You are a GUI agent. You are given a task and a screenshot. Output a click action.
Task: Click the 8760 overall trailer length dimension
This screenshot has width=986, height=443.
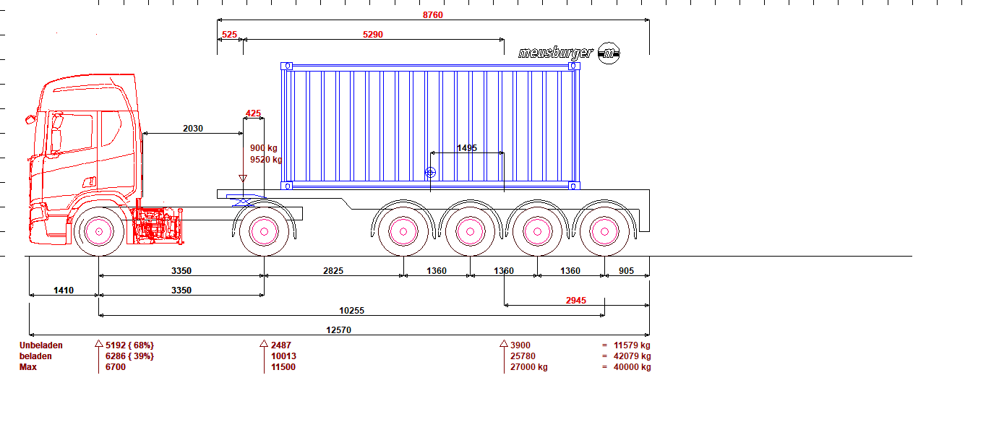click(433, 15)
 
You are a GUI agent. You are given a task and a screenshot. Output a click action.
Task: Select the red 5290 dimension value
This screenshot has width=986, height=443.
click(373, 34)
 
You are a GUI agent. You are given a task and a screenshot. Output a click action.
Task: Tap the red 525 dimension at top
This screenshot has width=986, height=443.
click(229, 34)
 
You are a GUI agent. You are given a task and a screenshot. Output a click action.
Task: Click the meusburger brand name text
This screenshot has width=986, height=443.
click(556, 53)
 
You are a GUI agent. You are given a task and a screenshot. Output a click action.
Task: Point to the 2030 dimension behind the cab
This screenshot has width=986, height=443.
click(193, 129)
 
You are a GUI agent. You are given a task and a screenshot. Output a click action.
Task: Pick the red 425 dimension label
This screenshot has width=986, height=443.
click(253, 113)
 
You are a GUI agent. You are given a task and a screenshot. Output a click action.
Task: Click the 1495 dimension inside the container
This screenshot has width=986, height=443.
click(467, 148)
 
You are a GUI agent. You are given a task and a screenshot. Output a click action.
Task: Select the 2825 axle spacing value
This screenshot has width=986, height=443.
click(333, 270)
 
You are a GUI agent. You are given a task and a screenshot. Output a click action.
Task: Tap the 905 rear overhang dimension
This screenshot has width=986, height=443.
click(627, 270)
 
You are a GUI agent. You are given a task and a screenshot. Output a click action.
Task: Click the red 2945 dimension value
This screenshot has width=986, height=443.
click(576, 301)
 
